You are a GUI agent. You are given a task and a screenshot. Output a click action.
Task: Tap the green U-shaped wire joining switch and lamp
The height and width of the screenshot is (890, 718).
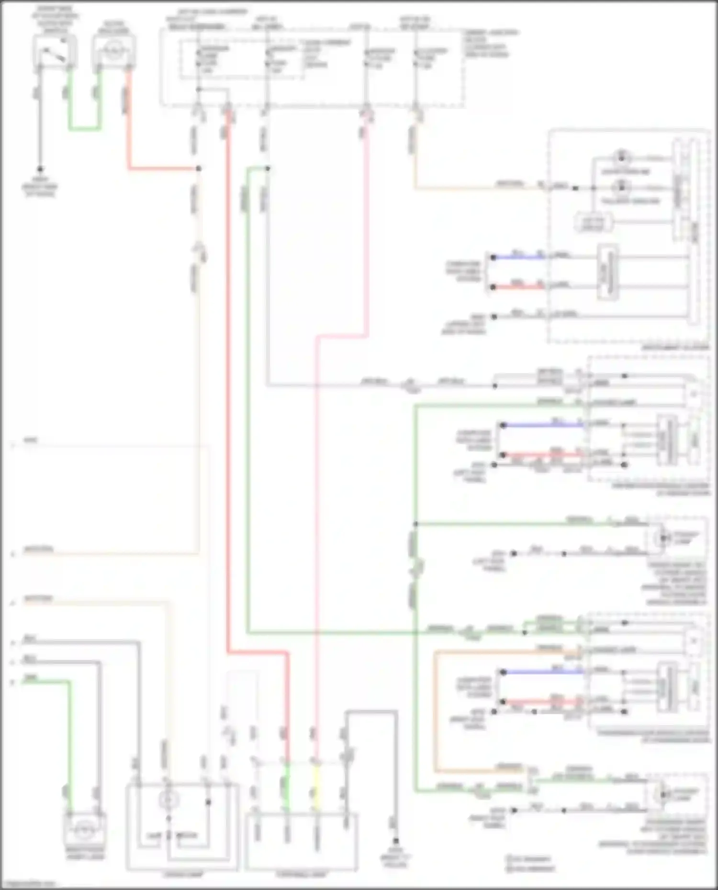pos(85,128)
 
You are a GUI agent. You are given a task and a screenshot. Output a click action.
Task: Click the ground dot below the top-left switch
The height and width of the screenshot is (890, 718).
pos(40,169)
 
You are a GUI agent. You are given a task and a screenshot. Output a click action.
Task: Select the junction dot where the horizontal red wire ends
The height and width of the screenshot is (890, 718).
pos(199,169)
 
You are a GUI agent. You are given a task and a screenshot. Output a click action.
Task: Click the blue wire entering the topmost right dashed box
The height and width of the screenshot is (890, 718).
pos(517,257)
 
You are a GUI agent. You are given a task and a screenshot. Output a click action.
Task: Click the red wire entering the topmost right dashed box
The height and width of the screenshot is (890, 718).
pos(517,287)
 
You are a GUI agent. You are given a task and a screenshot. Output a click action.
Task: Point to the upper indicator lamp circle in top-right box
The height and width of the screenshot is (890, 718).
pos(621,156)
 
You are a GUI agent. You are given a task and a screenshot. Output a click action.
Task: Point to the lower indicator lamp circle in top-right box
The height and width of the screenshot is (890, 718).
pos(621,187)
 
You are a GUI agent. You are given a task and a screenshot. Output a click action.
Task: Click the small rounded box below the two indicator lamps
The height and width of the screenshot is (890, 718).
pos(594,222)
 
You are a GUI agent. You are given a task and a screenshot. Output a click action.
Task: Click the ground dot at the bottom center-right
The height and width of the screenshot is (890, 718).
pos(395,841)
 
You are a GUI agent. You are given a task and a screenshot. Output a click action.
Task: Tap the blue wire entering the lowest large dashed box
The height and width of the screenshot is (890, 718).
pos(541,672)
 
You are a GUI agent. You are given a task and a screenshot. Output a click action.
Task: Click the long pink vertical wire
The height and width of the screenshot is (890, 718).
pos(316,526)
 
